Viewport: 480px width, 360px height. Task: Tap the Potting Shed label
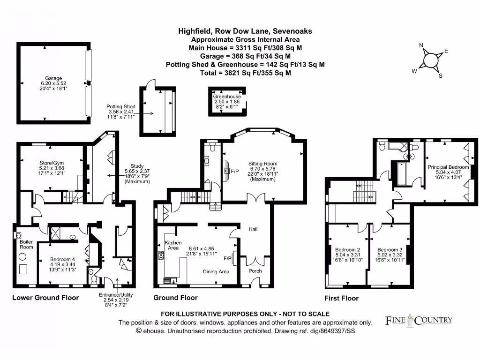tap(120, 107)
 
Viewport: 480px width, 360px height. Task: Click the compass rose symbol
tap(430, 60)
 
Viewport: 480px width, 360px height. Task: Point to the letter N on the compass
tap(421, 45)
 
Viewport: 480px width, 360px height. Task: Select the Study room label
tap(137, 166)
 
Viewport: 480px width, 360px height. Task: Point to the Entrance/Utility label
tap(116, 295)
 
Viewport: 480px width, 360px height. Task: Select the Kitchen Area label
tap(172, 245)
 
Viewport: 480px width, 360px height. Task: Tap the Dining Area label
tap(216, 271)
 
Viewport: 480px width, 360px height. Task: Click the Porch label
tap(255, 271)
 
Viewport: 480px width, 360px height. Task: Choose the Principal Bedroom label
tap(448, 167)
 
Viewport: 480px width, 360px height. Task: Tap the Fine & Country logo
tap(419, 320)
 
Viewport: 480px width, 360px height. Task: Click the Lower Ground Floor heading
tap(45, 298)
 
